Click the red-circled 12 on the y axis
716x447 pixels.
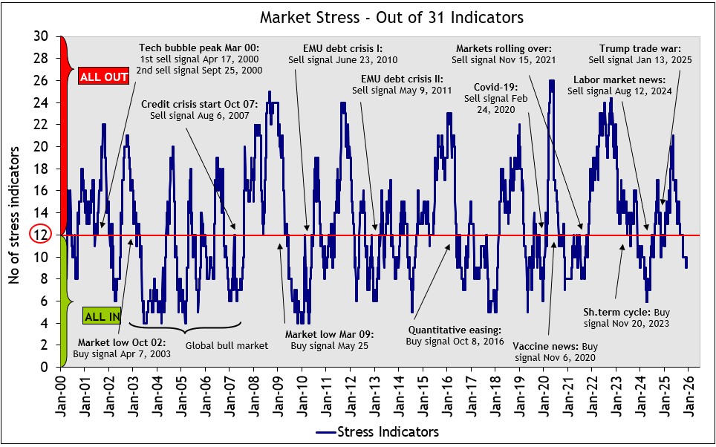point(40,235)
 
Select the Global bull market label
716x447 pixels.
point(215,345)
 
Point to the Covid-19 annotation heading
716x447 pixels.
point(490,87)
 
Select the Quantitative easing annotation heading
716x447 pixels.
point(455,329)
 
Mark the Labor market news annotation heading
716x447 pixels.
point(620,79)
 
